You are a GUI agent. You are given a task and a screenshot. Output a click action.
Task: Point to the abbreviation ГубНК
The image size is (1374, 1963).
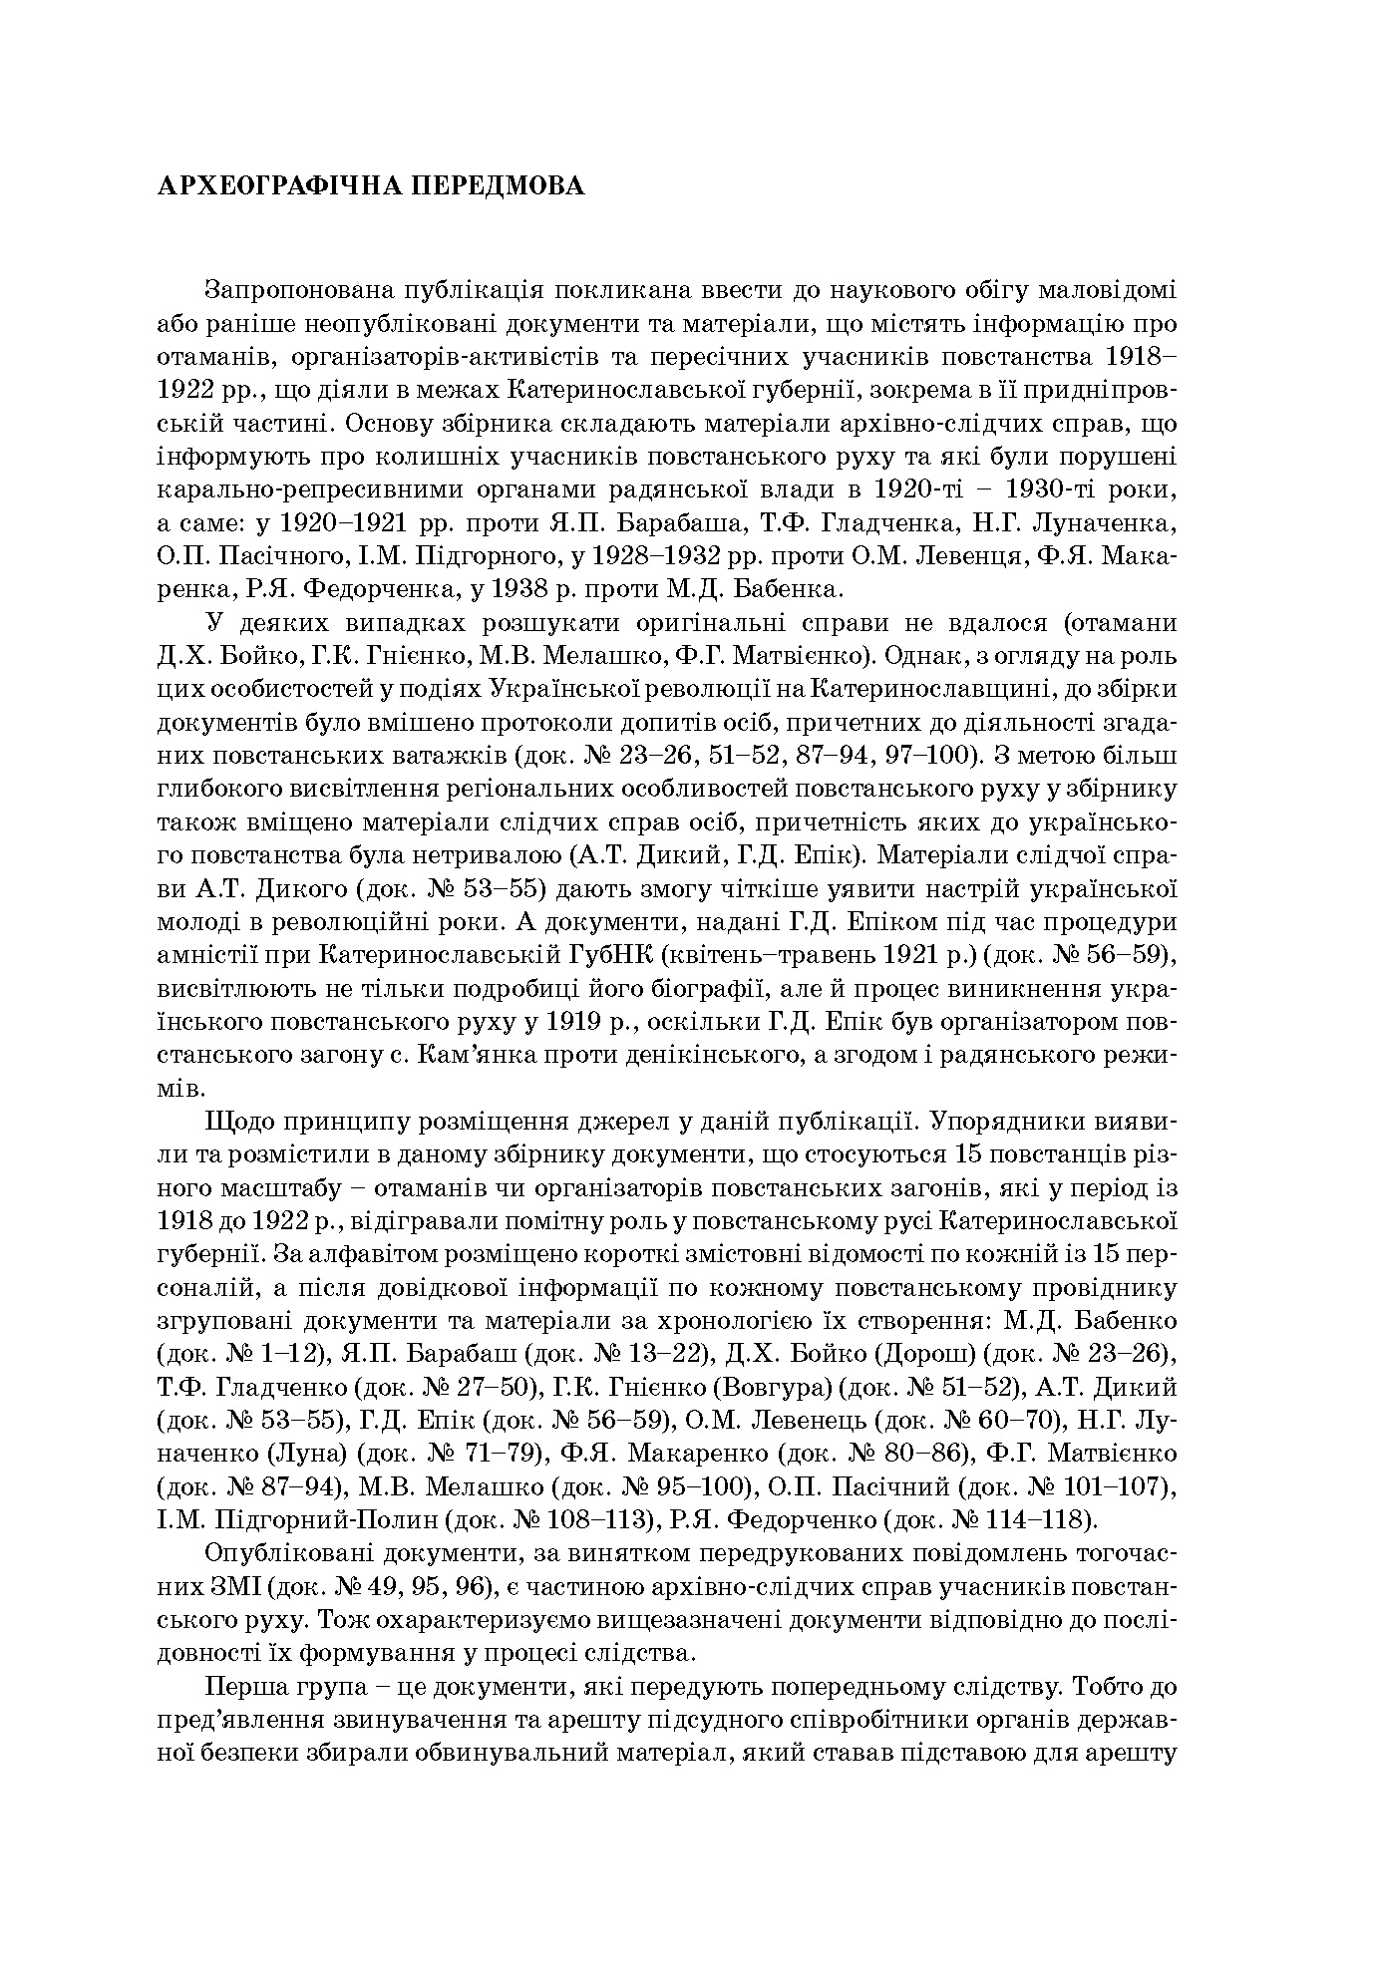609,955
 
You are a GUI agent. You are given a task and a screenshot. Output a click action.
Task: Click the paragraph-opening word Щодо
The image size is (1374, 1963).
235,1121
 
